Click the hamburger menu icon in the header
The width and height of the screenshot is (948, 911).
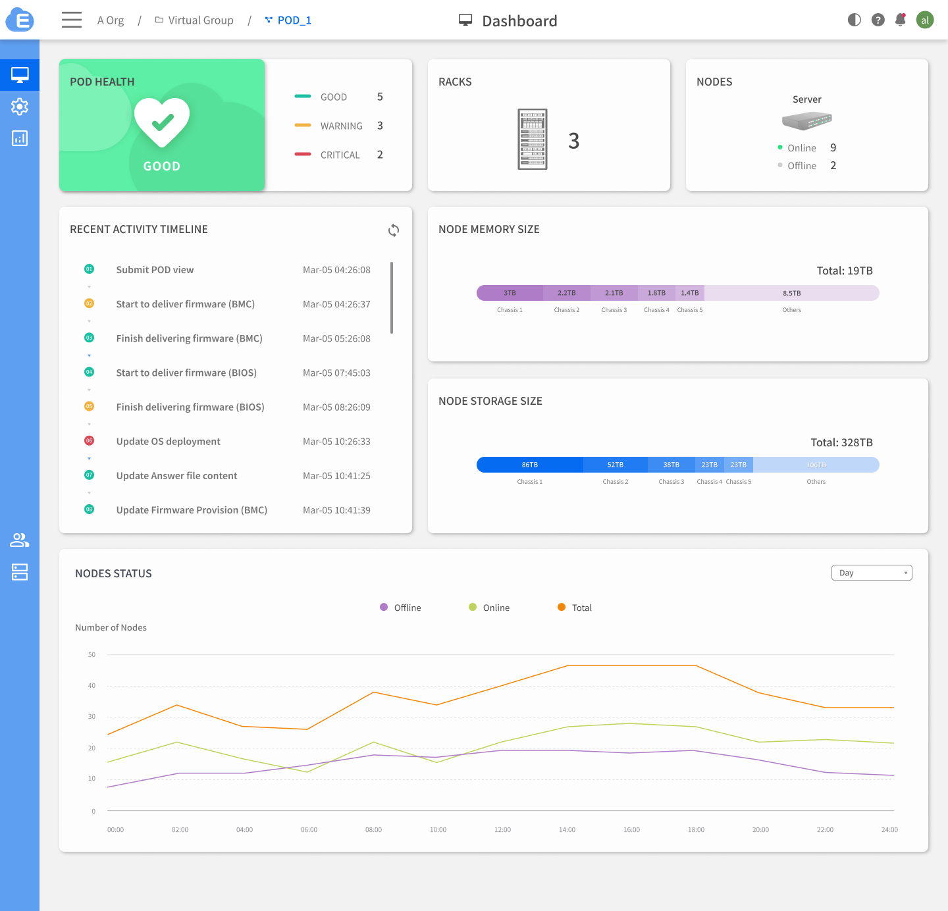click(x=72, y=20)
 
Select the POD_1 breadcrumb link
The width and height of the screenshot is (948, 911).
click(x=294, y=20)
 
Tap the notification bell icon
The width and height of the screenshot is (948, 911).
click(x=901, y=20)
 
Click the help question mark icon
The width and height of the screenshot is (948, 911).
click(x=878, y=20)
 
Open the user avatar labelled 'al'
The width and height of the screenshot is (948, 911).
click(x=925, y=20)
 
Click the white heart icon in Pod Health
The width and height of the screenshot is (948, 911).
click(x=162, y=122)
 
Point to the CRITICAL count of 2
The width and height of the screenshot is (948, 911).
click(x=380, y=155)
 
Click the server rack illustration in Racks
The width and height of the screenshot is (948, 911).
click(x=533, y=140)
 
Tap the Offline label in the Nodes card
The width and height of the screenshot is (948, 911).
click(x=801, y=166)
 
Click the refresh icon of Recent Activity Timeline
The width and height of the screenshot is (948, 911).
click(x=394, y=230)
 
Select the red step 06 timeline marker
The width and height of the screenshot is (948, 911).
click(x=90, y=440)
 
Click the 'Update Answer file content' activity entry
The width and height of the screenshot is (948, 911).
click(x=176, y=476)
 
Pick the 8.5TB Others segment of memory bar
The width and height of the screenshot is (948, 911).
click(x=791, y=293)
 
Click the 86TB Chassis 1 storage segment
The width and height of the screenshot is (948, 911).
click(x=529, y=465)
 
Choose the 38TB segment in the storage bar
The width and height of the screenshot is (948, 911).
click(x=671, y=465)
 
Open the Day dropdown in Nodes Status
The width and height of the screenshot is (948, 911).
click(x=872, y=573)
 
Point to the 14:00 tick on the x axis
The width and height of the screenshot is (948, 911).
click(x=567, y=830)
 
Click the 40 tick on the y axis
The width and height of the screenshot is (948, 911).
click(x=92, y=686)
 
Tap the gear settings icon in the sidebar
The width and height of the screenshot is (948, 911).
click(x=20, y=107)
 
